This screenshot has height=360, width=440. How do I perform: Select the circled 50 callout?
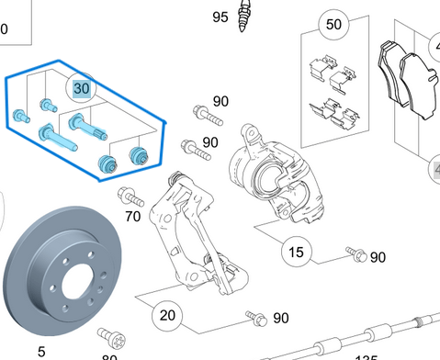332,24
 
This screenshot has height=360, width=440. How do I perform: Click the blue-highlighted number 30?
81,88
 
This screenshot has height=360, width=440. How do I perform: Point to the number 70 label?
133,217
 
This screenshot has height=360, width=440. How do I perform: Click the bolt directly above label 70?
133,197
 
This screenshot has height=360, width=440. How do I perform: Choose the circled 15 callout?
296,252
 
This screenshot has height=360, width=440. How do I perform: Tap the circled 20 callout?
167,315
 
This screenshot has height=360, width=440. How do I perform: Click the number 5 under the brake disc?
40,351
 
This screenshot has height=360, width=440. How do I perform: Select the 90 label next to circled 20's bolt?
280,317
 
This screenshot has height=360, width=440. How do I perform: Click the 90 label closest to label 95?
220,101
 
